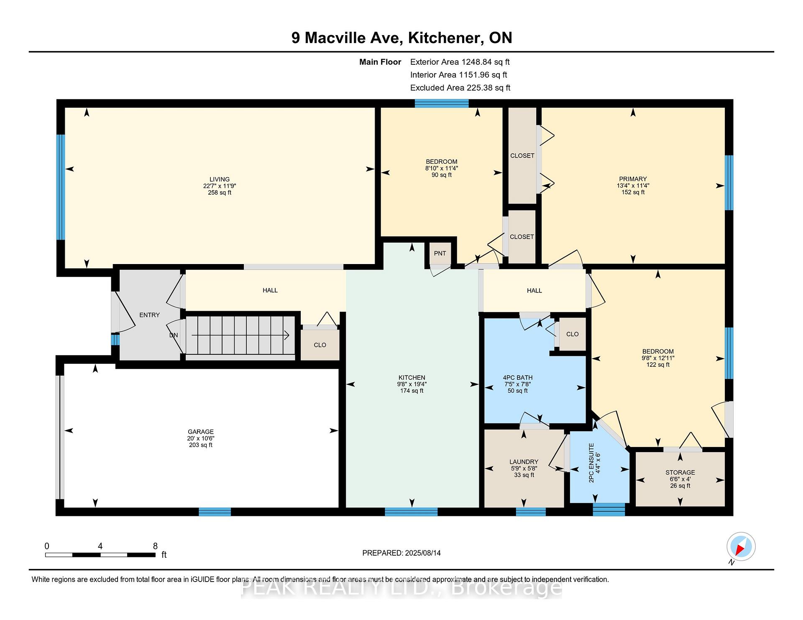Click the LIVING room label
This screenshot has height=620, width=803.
click(220, 179)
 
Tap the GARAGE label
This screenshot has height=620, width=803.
click(201, 432)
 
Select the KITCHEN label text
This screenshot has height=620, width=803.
click(412, 377)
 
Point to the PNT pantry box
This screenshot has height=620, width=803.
click(440, 253)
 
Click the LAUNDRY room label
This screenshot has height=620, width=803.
click(524, 462)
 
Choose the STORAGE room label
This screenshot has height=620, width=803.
click(680, 472)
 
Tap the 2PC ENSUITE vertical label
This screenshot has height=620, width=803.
click(591, 463)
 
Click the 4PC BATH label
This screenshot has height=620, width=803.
click(518, 377)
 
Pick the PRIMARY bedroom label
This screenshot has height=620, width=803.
click(633, 179)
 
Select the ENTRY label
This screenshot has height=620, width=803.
click(149, 315)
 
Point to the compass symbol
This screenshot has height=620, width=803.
click(741, 546)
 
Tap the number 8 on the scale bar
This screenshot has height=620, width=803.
click(155, 546)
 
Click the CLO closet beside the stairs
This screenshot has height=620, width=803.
click(320, 345)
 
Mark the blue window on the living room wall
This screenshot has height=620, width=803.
click(61, 187)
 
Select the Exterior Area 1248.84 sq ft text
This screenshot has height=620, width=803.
click(460, 62)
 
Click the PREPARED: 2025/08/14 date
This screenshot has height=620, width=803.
click(401, 553)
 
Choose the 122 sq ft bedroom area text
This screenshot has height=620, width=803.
click(658, 365)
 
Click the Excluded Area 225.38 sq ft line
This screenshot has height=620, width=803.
click(460, 88)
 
